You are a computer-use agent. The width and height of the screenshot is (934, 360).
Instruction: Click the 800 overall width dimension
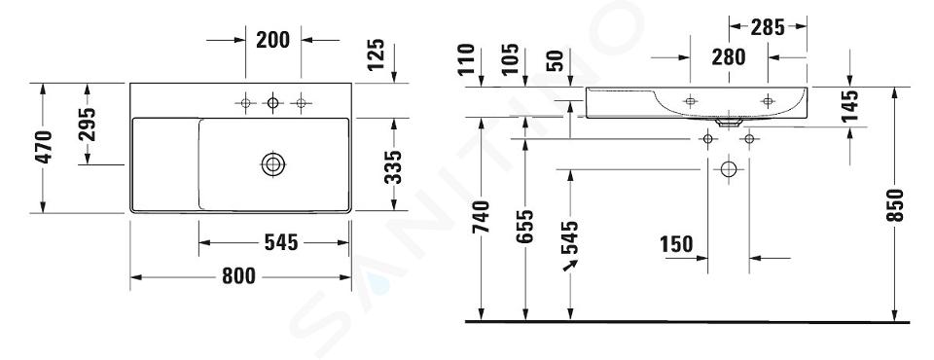[x=238, y=276]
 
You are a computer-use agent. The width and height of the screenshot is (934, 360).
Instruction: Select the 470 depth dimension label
[x=44, y=147]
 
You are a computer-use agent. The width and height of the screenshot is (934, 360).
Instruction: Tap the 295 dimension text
[x=87, y=124]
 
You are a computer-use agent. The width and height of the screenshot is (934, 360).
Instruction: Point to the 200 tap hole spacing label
[x=272, y=40]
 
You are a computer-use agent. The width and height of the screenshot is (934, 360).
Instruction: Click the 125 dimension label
[x=376, y=54]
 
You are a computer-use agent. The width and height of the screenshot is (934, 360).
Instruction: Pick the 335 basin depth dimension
[x=394, y=167]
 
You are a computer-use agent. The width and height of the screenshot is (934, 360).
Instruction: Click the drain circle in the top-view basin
[x=272, y=163]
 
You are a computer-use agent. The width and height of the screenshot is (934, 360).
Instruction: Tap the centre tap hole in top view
[x=272, y=103]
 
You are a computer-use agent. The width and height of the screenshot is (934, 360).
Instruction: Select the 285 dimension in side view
[x=768, y=27]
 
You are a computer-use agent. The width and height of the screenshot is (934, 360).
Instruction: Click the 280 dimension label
[x=729, y=57]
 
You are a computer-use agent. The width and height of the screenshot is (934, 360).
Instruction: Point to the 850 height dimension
[x=895, y=205]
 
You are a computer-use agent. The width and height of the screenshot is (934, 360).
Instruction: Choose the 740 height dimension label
[x=482, y=217]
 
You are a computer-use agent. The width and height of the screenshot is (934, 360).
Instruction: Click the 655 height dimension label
[x=524, y=226]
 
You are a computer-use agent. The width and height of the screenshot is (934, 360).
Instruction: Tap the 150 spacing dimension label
[x=677, y=244]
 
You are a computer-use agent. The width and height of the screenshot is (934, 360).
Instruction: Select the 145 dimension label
[x=850, y=106]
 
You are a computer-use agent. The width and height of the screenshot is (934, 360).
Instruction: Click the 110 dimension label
[x=468, y=58]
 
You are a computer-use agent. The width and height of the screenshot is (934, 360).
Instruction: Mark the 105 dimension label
[x=510, y=58]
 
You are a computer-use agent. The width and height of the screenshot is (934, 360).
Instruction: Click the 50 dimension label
[x=556, y=60]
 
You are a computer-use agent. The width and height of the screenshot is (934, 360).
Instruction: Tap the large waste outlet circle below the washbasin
[x=729, y=169]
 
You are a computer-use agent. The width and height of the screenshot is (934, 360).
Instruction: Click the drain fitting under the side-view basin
[x=729, y=123]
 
